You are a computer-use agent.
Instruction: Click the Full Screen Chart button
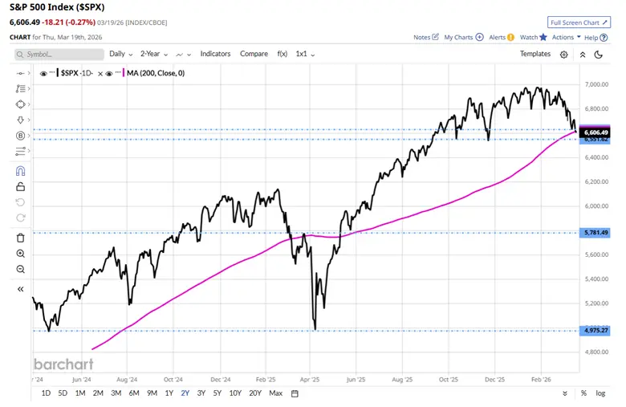tap(575, 22)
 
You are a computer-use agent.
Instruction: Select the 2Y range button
tap(186, 393)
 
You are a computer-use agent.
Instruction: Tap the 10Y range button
tap(235, 393)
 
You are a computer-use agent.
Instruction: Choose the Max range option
tap(275, 393)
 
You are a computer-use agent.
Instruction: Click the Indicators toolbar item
tap(214, 54)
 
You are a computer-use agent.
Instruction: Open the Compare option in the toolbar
tap(254, 54)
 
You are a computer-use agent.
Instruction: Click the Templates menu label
tap(535, 54)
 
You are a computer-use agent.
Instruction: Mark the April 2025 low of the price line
tap(315, 328)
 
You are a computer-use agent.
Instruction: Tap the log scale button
tap(600, 393)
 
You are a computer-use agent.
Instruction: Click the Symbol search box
tap(60, 54)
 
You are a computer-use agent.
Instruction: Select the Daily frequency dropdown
tap(120, 54)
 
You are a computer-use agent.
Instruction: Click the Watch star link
tap(533, 37)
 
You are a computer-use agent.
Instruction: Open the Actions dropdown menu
tap(565, 37)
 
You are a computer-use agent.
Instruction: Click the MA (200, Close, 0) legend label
tap(156, 73)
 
